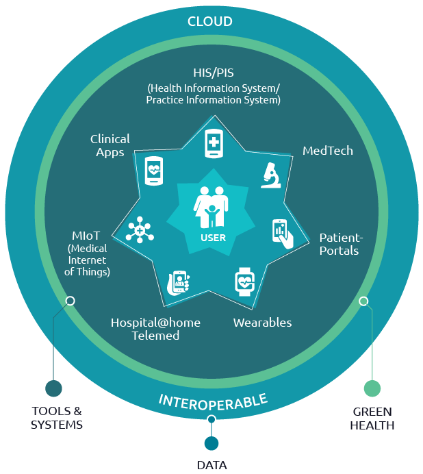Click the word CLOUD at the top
210,22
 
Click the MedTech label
328,150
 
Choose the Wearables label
262,323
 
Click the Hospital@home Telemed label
156,329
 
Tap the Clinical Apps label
110,146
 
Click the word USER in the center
213,238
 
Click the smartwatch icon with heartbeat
244,282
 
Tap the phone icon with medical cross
214,144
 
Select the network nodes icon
140,231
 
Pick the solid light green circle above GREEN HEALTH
372,388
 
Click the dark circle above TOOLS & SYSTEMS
53,388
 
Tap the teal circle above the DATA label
211,443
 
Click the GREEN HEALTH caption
372,419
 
